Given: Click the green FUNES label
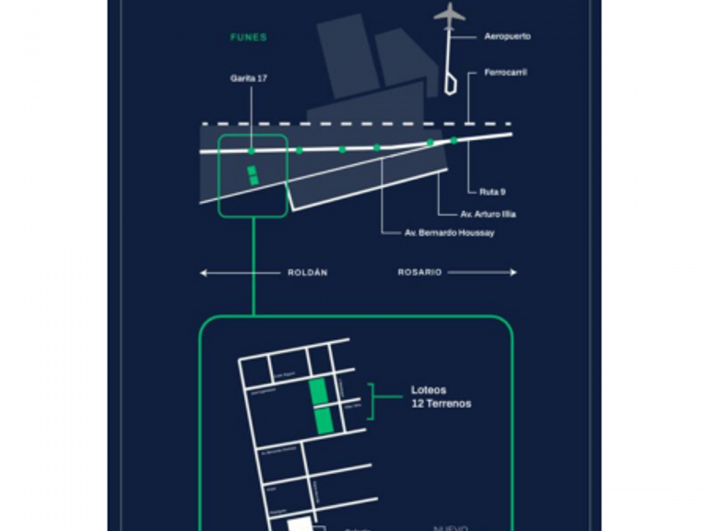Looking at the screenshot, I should point(249,38).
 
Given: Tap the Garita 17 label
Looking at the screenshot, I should point(249,79).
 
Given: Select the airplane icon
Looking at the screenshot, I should point(450,15).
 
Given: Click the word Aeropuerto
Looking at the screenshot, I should point(507,37).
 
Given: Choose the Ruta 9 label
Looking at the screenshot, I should point(491,192).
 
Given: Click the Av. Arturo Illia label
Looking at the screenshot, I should point(488,214).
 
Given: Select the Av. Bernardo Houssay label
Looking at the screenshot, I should point(450,233).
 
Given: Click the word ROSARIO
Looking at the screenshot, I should point(419,273).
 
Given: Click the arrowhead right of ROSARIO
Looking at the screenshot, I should point(513,273).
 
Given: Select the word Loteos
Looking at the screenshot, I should point(428,390).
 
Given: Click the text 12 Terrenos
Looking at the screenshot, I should point(441,404).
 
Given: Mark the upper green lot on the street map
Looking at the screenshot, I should point(318,390).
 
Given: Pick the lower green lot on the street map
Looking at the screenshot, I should point(323,421).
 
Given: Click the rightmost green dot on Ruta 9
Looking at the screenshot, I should point(454,140).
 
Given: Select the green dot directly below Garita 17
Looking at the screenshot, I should point(251,150).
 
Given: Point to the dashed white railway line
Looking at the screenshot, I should point(350,124).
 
